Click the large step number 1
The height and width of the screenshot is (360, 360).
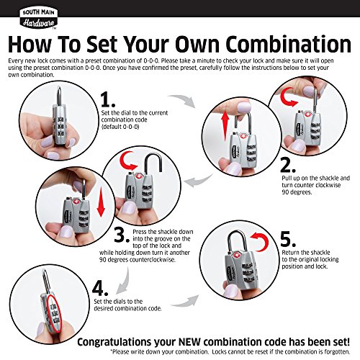tap(108, 100)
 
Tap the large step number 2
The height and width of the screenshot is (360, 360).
tap(288, 166)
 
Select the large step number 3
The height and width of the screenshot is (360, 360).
tap(122, 235)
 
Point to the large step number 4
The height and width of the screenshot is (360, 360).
tap(100, 288)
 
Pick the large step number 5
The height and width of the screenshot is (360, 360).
tap(288, 239)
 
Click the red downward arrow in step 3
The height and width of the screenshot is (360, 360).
tap(101, 202)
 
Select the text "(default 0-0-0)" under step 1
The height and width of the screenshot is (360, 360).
tap(120, 127)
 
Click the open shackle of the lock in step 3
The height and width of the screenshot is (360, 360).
tap(153, 163)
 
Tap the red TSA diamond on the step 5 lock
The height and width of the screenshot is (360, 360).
tap(233, 254)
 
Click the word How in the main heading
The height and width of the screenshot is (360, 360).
tap(30, 45)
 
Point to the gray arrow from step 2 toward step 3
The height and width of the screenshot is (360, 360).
tap(199, 181)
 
